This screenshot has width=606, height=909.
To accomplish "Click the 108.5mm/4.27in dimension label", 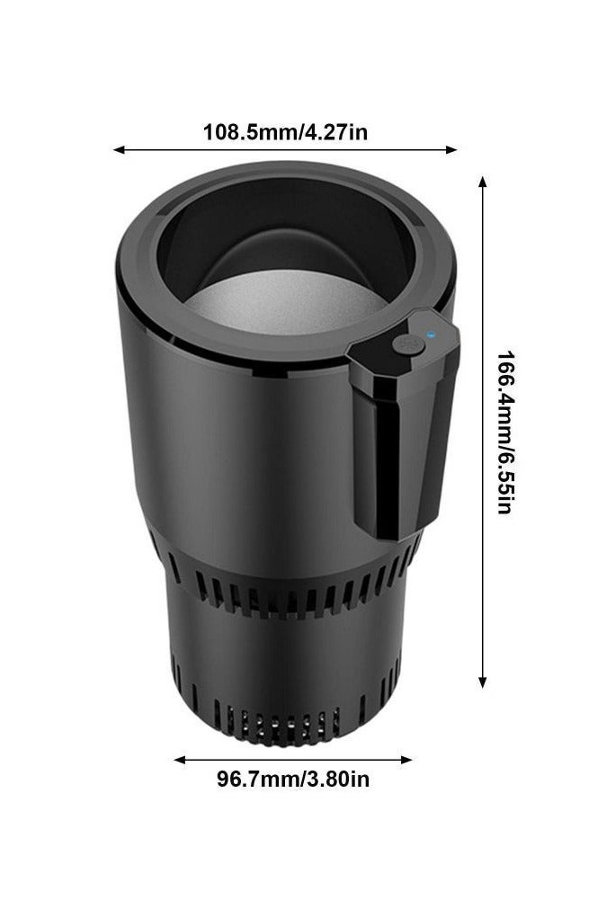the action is (285, 132).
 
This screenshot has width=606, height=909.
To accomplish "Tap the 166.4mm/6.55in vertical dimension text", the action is (504, 432).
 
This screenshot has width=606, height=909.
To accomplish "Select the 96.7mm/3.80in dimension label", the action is (293, 779).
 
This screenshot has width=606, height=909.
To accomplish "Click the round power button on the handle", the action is (408, 345).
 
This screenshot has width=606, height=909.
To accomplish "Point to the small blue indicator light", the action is (430, 334).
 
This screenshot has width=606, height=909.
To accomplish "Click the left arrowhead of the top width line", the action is (119, 149).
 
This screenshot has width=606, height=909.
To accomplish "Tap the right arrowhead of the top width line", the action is (451, 149).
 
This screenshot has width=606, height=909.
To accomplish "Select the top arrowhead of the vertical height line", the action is (482, 182).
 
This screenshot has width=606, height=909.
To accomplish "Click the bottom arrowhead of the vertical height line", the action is (482, 682).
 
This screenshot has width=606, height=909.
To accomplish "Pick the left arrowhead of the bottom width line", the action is (180, 760).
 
